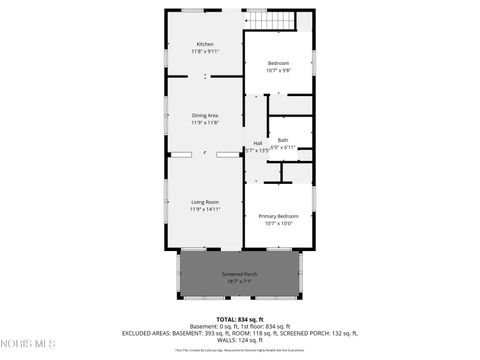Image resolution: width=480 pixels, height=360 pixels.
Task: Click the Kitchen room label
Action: coord(205,44)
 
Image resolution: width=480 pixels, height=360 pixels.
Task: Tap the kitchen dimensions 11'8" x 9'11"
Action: coord(205,51)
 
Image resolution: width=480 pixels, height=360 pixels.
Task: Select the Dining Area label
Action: coord(205,116)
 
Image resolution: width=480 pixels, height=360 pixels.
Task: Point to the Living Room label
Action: coord(205,203)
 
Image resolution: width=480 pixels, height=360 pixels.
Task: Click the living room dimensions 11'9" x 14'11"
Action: coord(205,210)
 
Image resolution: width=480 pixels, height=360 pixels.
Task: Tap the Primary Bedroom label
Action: coord(279,216)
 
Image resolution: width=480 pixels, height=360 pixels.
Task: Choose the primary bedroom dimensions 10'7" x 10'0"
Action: coord(279,223)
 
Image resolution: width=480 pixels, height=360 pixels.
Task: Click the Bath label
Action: coord(283,140)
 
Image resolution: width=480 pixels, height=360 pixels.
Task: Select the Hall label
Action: coord(258,143)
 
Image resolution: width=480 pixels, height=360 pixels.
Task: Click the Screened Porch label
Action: coord(239,274)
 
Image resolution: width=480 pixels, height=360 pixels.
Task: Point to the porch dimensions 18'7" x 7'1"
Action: coord(239,281)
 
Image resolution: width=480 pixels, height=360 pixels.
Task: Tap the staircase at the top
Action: coord(273,21)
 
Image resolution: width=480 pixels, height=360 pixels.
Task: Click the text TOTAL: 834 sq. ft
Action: coord(240,318)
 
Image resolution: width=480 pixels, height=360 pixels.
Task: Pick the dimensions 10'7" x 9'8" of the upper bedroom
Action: coord(279,70)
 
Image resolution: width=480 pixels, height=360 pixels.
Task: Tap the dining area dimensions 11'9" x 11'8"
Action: coord(205,123)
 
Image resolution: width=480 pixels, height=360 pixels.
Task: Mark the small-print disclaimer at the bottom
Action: coord(240,350)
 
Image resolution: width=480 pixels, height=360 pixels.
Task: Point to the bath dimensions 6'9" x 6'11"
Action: coord(283,147)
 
